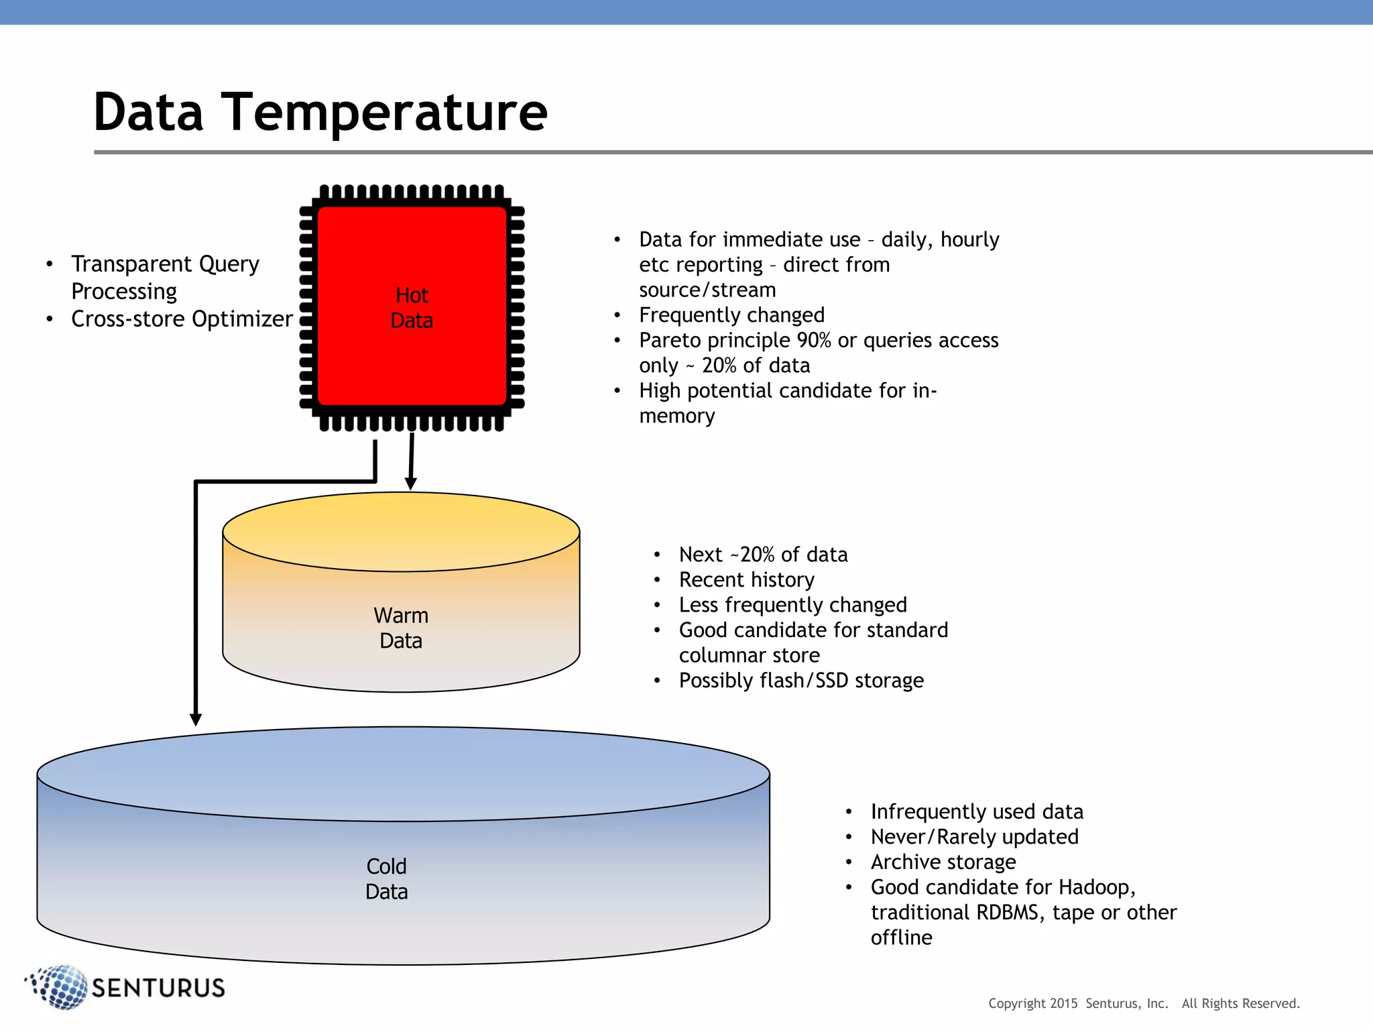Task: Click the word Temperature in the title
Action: point(384,113)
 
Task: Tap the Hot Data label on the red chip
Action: point(412,308)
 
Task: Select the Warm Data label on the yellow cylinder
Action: point(401,628)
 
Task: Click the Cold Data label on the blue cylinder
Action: point(387,878)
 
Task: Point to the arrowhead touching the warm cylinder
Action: point(411,483)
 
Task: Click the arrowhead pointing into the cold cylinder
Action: point(196,719)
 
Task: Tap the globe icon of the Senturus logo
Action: point(60,987)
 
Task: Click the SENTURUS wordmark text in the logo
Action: point(158,988)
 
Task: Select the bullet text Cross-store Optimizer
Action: point(182,319)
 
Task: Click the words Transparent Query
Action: point(165,264)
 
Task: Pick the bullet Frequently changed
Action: point(731,314)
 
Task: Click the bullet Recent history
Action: point(746,579)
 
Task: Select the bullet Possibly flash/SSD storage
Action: point(801,680)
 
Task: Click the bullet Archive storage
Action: point(943,862)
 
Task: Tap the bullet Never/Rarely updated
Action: point(974,837)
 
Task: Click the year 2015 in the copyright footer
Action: point(1063,1003)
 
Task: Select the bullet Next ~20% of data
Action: point(763,555)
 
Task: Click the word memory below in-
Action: point(677,416)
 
